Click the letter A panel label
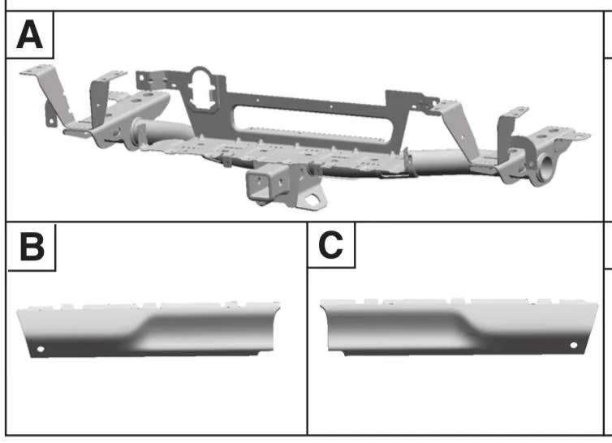pos(30,35)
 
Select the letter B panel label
pos(32,247)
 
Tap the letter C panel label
pos(330,245)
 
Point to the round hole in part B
pos(41,349)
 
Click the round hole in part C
pos(574,345)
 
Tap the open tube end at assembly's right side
pos(545,166)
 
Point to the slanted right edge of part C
pos(591,328)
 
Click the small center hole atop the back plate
pos(331,105)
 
